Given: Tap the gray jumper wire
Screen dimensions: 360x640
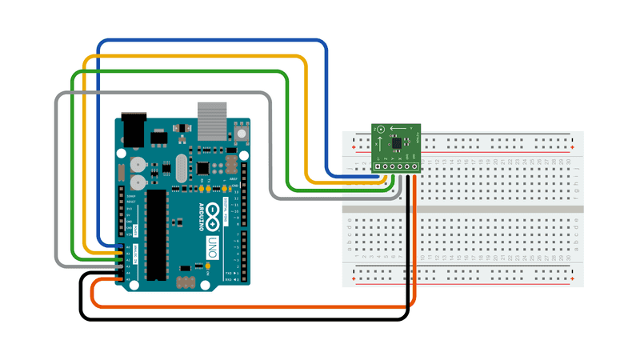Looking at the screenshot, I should [160, 94].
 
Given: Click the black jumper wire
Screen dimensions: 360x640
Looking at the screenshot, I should [240, 319].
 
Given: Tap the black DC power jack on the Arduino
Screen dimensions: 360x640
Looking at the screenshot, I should [133, 128].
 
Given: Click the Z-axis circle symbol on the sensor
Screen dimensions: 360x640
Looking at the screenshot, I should [381, 130].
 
